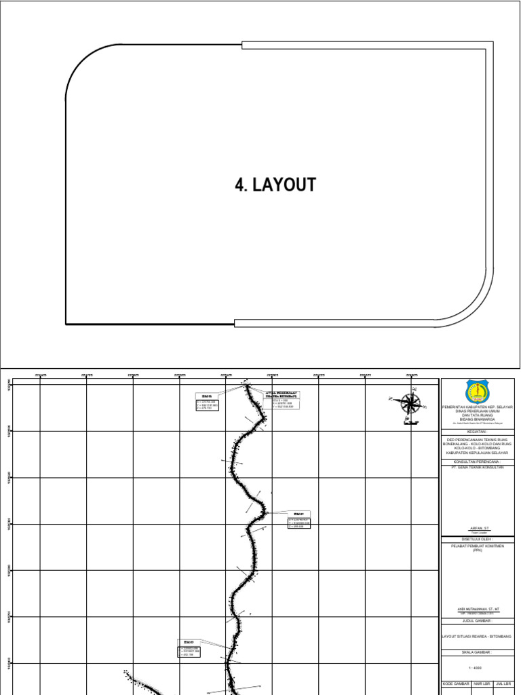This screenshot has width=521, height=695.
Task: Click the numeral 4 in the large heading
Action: click(239, 185)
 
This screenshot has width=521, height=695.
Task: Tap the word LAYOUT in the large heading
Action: click(284, 185)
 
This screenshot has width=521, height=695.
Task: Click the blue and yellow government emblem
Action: click(476, 392)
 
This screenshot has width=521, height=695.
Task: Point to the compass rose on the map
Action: click(410, 404)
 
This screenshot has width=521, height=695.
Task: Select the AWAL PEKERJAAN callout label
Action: click(281, 394)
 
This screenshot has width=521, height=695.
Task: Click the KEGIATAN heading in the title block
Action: click(477, 431)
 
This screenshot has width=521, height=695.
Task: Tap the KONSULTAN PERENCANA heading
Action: click(477, 461)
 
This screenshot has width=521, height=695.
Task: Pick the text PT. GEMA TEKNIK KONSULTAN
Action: click(477, 467)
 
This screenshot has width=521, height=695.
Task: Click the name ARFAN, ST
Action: click(477, 527)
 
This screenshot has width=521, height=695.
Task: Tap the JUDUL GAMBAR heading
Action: click(477, 620)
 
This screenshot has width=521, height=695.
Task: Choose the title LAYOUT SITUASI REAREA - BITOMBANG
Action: click(477, 637)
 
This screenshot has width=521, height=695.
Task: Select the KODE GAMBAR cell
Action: click(455, 683)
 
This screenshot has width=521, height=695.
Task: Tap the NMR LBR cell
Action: click(482, 683)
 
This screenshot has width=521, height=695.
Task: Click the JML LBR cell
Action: click(503, 683)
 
